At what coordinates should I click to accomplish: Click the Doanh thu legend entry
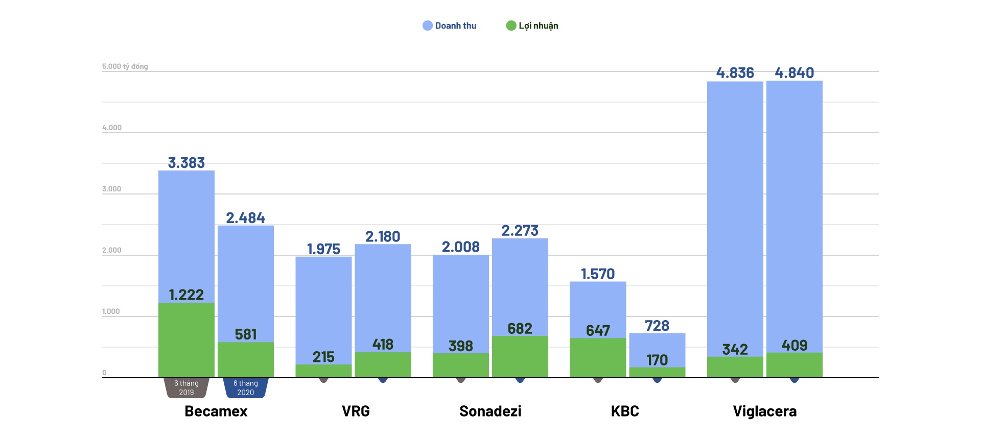point(450,26)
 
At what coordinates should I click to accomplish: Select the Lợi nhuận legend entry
point(532,26)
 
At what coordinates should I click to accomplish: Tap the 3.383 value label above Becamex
point(186,163)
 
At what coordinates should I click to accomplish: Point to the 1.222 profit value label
point(186,295)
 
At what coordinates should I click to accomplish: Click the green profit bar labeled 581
point(246,360)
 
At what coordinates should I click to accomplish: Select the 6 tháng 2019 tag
point(186,388)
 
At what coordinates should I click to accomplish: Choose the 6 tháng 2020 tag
point(246,388)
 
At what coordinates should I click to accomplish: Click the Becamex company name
point(216,411)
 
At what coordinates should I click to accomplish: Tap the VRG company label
point(356,411)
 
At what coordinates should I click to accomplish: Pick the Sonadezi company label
point(491,411)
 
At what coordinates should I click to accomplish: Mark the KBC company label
point(625,411)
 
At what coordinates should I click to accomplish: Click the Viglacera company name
point(765,411)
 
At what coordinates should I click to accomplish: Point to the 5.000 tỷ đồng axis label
point(125,66)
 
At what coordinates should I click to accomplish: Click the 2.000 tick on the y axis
point(112,250)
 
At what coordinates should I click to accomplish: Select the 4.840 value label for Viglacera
point(795,73)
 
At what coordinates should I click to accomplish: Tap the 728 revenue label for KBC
point(657,326)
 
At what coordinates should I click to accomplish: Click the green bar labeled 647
point(598,358)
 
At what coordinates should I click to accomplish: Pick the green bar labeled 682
point(520,357)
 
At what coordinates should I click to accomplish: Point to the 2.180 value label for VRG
point(383,237)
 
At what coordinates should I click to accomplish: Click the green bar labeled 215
point(323,371)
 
